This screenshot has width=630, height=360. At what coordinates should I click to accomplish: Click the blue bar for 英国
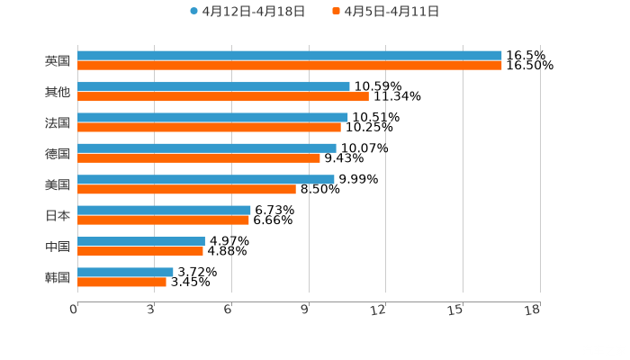pos(290,56)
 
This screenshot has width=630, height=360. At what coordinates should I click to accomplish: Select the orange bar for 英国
pos(290,66)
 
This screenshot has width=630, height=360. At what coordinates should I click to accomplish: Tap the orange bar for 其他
pos(223,96)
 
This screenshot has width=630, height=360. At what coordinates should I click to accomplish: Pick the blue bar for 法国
pos(212,117)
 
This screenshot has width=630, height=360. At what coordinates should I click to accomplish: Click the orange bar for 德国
pos(199,158)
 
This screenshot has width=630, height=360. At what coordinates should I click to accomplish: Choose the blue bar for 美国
pos(206,179)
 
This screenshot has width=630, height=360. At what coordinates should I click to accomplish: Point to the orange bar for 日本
pos(163,220)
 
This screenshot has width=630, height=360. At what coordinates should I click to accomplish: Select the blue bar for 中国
pos(141,241)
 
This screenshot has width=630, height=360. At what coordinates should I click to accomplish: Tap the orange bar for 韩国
pos(121,282)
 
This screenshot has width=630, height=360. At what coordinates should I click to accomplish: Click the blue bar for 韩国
pos(125,272)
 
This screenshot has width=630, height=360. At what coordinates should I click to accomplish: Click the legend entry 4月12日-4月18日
pos(247,12)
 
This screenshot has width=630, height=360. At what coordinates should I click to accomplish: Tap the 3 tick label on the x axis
pos(150,310)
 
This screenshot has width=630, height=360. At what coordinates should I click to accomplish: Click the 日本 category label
pos(58,215)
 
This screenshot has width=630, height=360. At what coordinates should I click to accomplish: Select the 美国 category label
pos(58,184)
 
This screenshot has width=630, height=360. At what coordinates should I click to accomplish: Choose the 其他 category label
pos(58,92)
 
